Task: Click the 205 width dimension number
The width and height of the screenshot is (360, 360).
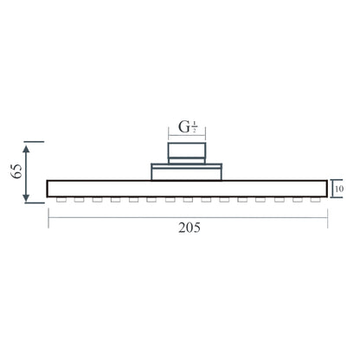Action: pyautogui.click(x=190, y=228)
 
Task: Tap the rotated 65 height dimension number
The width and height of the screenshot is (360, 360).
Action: pyautogui.click(x=16, y=171)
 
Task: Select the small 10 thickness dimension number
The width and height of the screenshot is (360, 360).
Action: pyautogui.click(x=339, y=189)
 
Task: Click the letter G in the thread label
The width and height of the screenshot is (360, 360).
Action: pyautogui.click(x=184, y=127)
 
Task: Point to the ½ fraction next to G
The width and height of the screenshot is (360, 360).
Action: pyautogui.click(x=195, y=127)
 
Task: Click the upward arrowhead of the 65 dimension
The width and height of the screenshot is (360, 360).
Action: pyautogui.click(x=26, y=149)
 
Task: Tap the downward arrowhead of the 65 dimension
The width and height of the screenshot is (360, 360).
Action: pyautogui.click(x=26, y=197)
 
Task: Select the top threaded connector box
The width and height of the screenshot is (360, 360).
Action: pyautogui.click(x=187, y=150)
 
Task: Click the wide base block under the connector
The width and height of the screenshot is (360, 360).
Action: pyautogui.click(x=187, y=174)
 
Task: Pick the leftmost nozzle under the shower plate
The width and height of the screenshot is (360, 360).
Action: pyautogui.click(x=61, y=200)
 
